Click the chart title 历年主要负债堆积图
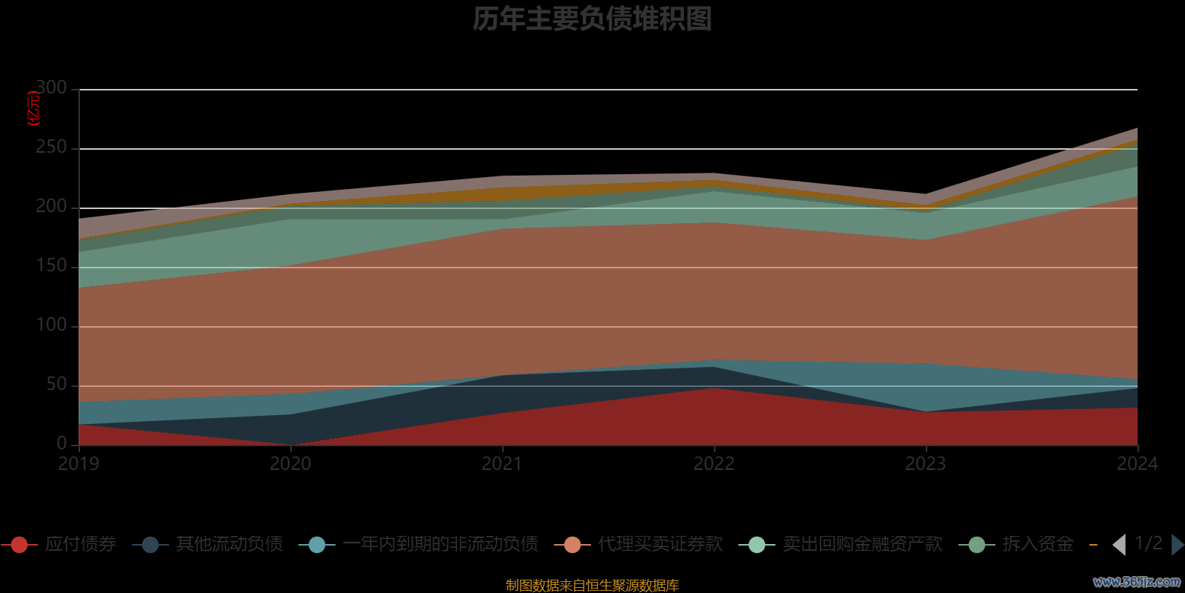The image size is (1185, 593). [x=592, y=19]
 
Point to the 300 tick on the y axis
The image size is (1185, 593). [x=51, y=88]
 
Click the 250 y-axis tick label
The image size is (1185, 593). [x=51, y=148]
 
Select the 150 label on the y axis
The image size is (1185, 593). [x=51, y=266]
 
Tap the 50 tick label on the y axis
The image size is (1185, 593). [x=56, y=385]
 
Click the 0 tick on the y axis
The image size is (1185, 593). [x=61, y=443]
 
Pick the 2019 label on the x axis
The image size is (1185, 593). [x=79, y=464]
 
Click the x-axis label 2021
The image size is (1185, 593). [x=502, y=464]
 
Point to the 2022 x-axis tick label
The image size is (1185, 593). [x=714, y=464]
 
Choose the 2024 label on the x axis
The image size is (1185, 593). [x=1137, y=464]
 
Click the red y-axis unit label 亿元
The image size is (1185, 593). [x=33, y=109]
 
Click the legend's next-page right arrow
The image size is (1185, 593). [x=1177, y=545]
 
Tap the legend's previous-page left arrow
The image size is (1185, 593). [x=1119, y=545]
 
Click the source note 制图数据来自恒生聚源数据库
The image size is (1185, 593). [x=592, y=586]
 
